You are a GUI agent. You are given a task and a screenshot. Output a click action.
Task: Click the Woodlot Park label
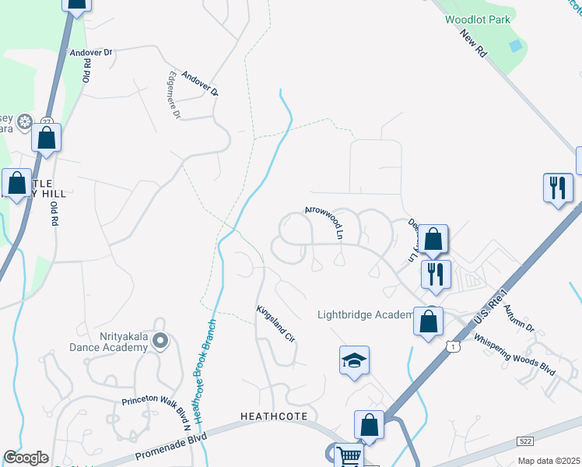[x=475, y=19]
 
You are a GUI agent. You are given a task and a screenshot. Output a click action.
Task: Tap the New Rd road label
[x=474, y=43]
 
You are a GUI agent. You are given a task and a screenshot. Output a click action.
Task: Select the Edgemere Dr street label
[x=173, y=96]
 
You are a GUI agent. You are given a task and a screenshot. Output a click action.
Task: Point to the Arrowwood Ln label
[x=324, y=221]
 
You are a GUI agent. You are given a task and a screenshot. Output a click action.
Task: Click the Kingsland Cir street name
[x=276, y=325]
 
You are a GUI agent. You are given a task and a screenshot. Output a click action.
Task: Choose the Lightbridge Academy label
[x=365, y=314]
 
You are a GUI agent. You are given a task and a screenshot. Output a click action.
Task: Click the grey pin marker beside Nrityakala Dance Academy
[x=160, y=341]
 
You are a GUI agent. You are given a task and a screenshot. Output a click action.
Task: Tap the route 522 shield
[x=526, y=441]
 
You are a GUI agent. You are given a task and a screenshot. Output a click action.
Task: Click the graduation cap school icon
[x=354, y=360]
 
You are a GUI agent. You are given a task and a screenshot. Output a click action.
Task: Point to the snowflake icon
[x=25, y=122]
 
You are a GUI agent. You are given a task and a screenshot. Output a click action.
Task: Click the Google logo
[x=26, y=458]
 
